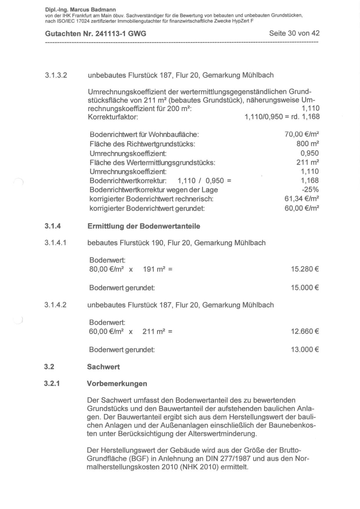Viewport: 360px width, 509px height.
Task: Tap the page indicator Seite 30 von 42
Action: [294, 33]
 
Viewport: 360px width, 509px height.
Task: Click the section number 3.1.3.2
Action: [56, 75]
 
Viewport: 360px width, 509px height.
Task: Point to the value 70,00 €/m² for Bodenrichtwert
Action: [302, 134]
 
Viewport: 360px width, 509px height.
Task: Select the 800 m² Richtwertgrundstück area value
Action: [307, 144]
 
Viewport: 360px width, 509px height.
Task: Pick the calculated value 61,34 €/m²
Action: [302, 199]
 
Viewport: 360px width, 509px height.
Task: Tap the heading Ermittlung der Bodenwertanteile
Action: [144, 226]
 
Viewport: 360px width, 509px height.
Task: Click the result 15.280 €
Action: [305, 269]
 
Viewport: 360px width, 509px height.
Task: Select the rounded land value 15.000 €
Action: [305, 288]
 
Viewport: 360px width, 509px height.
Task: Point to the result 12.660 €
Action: [305, 331]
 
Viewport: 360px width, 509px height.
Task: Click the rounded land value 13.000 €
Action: [305, 350]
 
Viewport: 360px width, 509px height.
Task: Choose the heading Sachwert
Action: [103, 367]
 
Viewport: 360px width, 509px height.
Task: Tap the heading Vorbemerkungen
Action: [117, 384]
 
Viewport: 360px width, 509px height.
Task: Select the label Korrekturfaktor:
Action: [113, 117]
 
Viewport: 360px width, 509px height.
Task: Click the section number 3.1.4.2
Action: [55, 305]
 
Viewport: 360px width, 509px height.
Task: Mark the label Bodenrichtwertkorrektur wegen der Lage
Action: [154, 190]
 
